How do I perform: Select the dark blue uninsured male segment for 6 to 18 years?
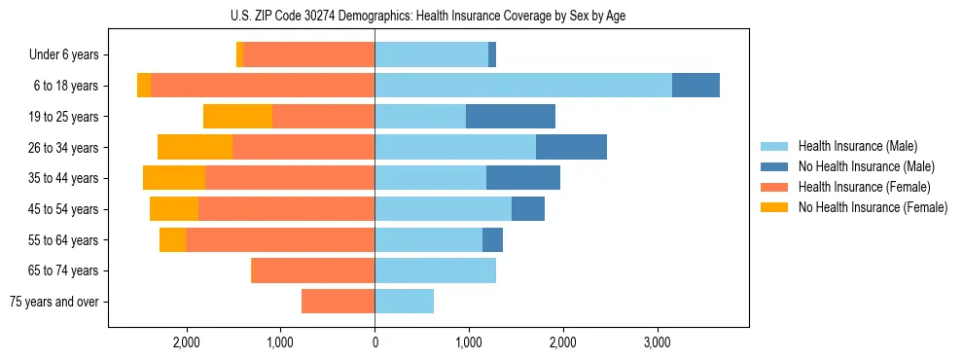click(695, 86)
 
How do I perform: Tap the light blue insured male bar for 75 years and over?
click(404, 302)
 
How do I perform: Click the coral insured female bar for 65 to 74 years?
click(312, 270)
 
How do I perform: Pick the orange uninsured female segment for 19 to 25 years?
click(237, 117)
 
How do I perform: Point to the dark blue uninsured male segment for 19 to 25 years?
click(510, 117)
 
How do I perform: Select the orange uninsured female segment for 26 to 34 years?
click(195, 147)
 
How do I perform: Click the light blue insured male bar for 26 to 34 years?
click(455, 147)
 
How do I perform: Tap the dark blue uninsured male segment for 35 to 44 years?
click(522, 178)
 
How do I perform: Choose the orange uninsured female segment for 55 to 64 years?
click(172, 240)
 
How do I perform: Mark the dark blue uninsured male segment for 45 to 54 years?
click(527, 209)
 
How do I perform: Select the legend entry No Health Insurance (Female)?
click(872, 207)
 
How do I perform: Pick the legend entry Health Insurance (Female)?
click(864, 187)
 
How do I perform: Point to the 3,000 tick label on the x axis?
click(658, 342)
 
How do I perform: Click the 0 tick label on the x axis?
click(374, 342)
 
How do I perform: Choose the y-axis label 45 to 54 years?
click(64, 209)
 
